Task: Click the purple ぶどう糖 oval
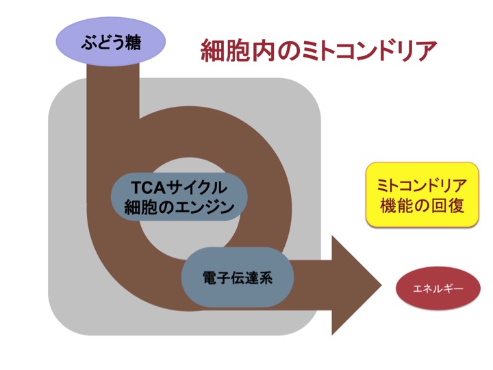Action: coord(111,41)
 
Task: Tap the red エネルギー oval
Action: coord(438,288)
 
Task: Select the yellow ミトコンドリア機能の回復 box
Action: coord(422,195)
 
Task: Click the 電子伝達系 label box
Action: coord(238,277)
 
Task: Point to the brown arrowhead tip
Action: coord(381,286)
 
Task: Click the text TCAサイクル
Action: coord(179,188)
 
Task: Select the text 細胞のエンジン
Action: coord(179,208)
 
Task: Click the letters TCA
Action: coord(149,188)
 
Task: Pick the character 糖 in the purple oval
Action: coord(133,42)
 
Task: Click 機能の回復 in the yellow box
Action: coord(422,206)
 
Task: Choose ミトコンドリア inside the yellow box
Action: coord(422,186)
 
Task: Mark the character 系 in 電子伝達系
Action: coord(266,277)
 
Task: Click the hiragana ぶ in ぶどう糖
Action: coord(88,42)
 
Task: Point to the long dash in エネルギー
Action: coord(457,288)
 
